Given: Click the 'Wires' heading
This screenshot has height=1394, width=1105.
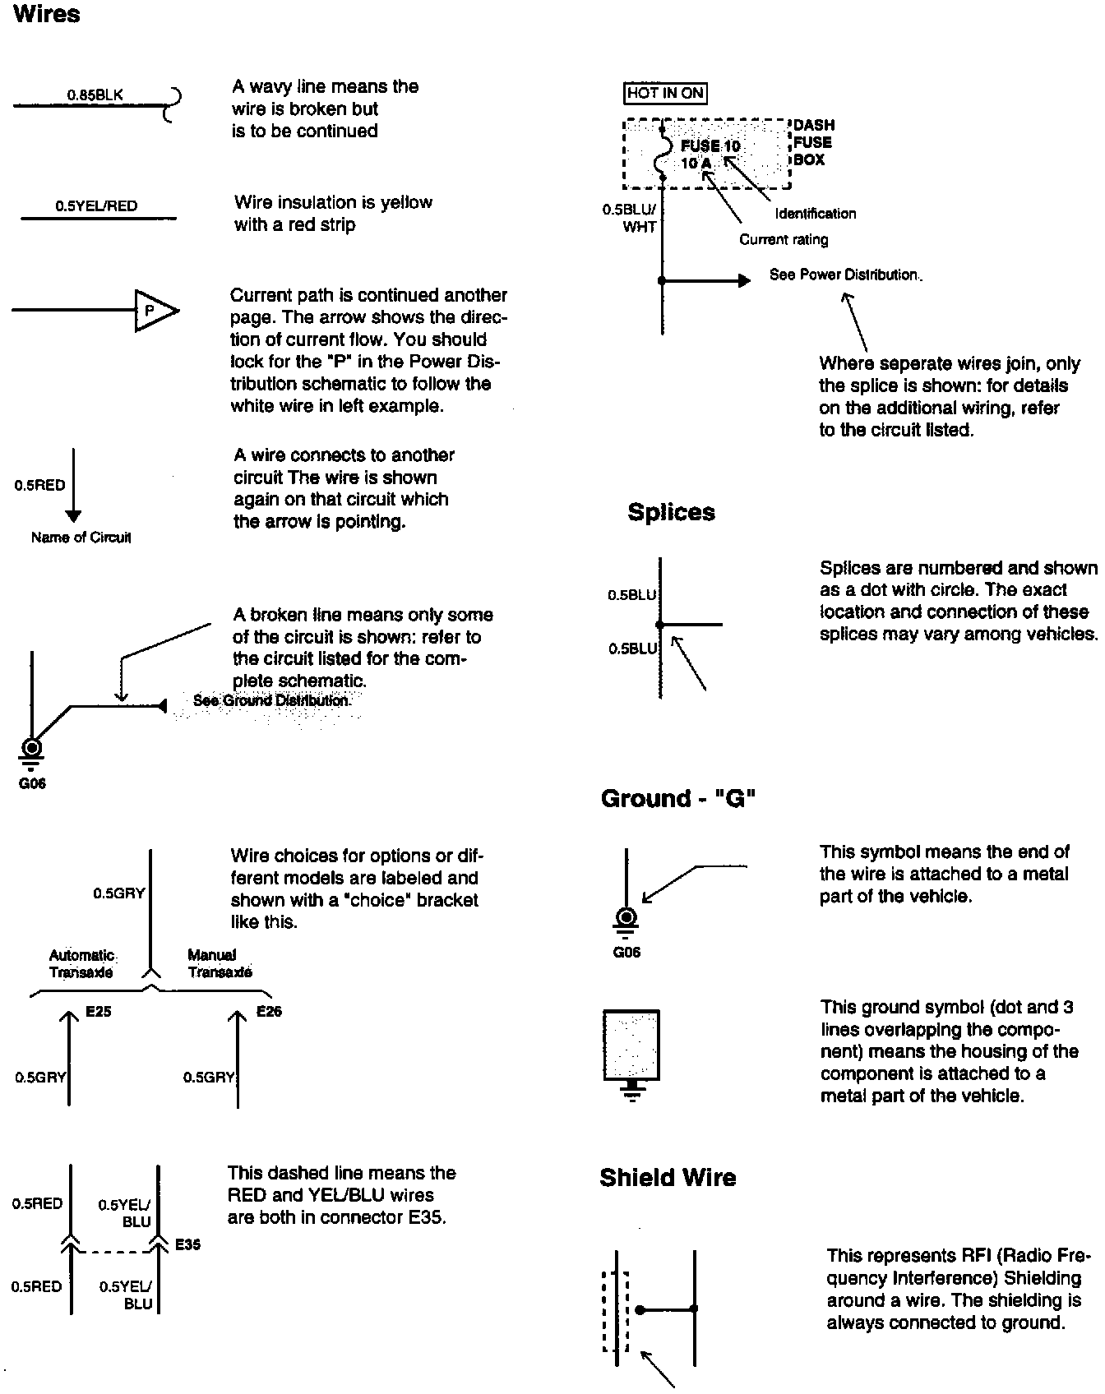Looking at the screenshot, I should (x=47, y=15).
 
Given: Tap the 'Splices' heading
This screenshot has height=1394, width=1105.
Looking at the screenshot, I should (x=671, y=512).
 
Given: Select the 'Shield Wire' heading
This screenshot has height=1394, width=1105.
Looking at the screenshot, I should (x=668, y=1178).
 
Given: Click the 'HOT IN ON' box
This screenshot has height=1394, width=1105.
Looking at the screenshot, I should (x=665, y=93).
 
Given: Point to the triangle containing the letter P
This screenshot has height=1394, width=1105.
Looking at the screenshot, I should (x=154, y=311).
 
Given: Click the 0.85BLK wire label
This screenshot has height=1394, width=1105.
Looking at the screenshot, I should (x=95, y=95).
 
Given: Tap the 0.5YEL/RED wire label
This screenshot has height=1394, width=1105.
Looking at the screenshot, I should (x=96, y=205).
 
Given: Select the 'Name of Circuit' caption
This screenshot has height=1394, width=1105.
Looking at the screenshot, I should (x=81, y=538).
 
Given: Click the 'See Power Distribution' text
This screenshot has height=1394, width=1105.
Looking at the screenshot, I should (x=844, y=275).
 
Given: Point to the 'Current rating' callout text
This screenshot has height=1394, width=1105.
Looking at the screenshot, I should (x=784, y=239).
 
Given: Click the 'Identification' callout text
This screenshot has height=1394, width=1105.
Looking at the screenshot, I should (x=815, y=214).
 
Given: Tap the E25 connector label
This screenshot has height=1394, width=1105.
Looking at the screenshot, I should (x=98, y=1012).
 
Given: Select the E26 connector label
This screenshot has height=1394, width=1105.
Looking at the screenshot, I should (x=269, y=1012).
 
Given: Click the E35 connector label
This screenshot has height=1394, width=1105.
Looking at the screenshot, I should (x=187, y=1244).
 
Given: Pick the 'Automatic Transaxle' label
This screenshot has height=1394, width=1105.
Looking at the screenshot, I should (x=81, y=963).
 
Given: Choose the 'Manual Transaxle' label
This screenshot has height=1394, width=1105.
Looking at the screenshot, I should (x=220, y=963).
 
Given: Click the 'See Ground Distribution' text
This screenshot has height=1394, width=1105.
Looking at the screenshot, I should (x=271, y=700).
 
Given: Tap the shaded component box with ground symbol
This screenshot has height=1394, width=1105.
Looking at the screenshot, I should (x=631, y=1045).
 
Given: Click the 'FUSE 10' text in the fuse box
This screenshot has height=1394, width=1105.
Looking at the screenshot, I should (x=710, y=146).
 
